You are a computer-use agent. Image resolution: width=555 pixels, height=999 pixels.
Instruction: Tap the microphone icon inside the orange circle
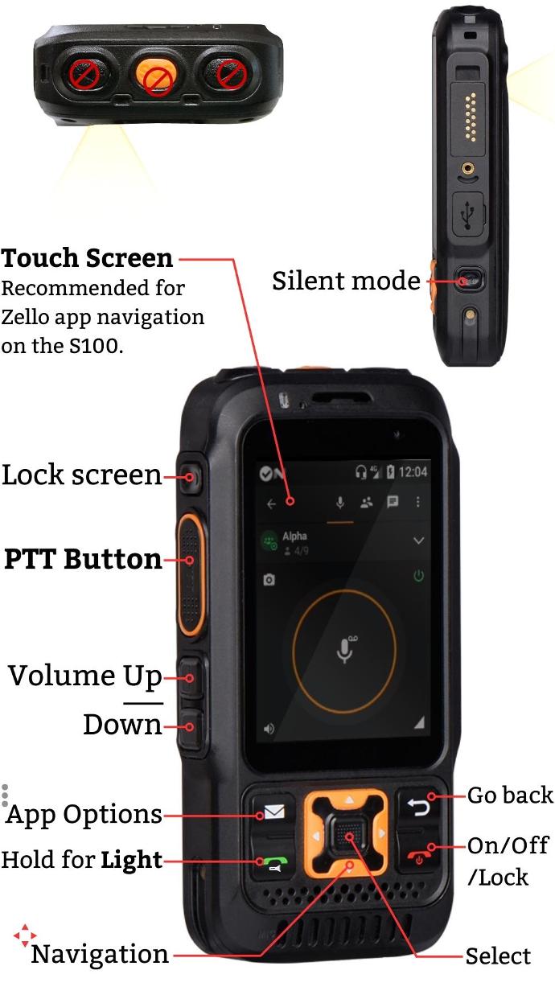(x=345, y=648)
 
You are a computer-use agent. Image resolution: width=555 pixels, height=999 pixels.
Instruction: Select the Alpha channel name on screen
(x=294, y=536)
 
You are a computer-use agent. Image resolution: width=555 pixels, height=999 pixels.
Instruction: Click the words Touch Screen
(x=87, y=258)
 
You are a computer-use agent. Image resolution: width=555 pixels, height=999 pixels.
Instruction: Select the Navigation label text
(x=100, y=954)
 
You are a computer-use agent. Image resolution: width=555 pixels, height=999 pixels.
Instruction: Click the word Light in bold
(x=132, y=860)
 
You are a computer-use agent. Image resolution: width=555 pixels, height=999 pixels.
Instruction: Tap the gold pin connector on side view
(x=470, y=118)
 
